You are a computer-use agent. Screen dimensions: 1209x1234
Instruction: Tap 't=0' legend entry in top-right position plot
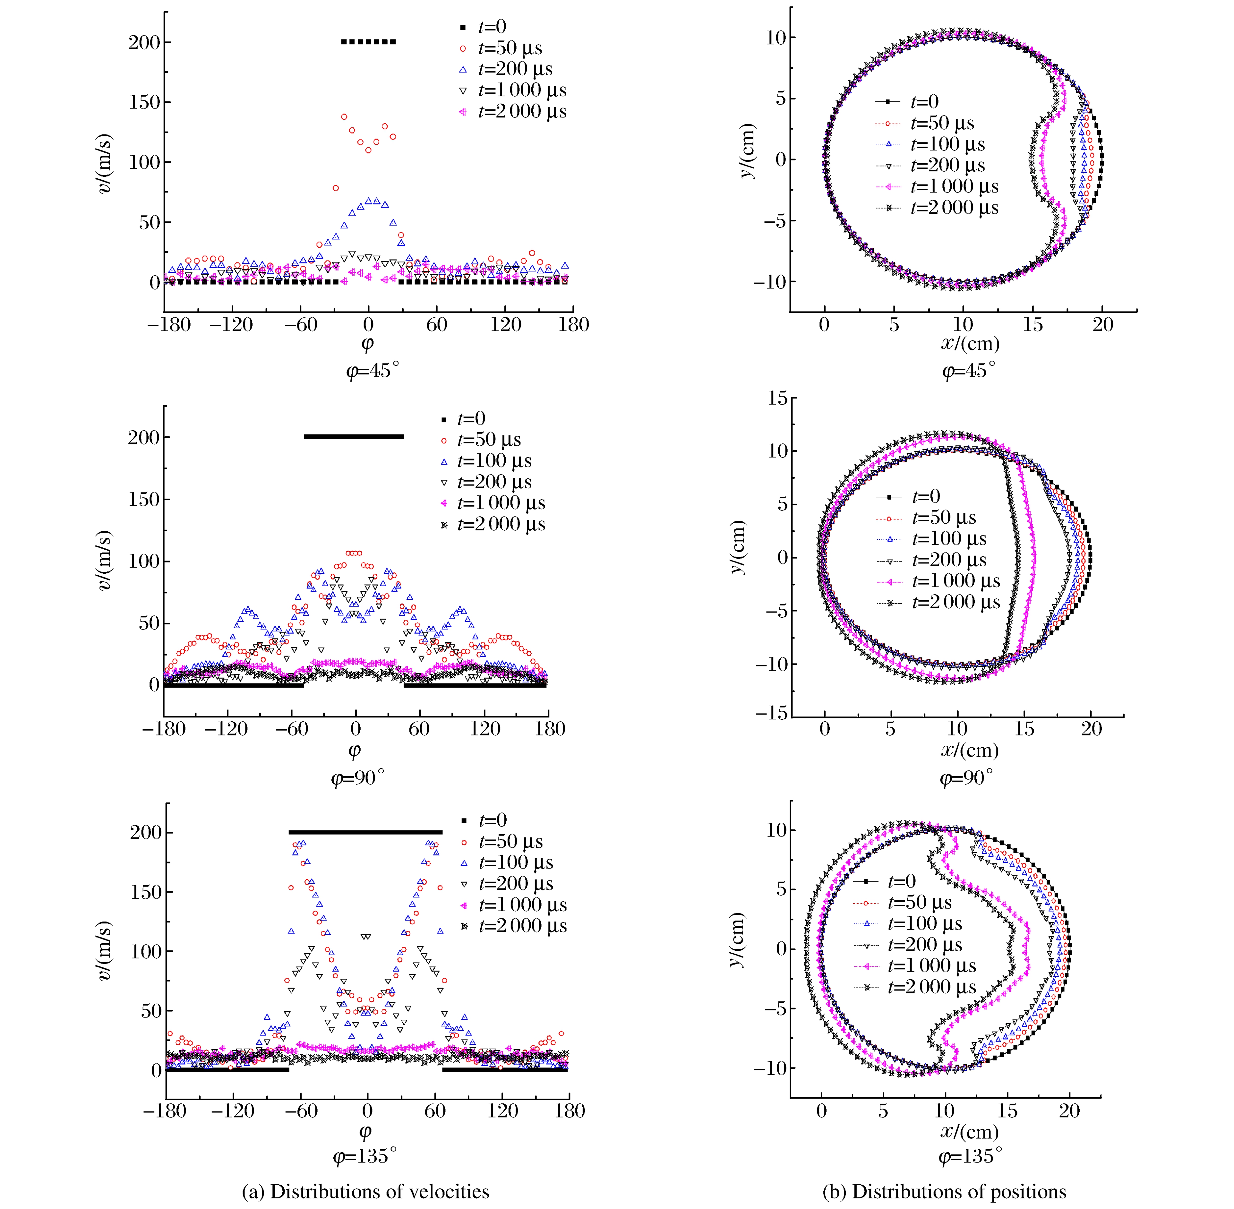tap(924, 102)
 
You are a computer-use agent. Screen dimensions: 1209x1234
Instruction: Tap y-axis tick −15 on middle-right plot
tap(771, 713)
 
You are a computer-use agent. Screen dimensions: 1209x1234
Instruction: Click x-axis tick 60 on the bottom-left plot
tap(435, 1110)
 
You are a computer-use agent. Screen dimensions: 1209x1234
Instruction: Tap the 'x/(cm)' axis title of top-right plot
tap(970, 344)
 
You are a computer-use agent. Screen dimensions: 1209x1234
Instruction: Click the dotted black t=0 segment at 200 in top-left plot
tap(368, 42)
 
